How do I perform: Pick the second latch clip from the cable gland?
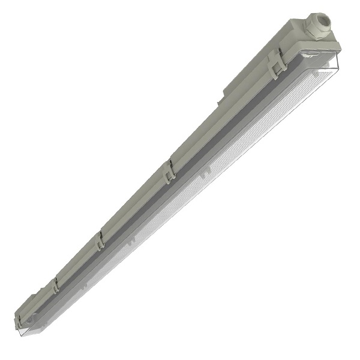(169, 170)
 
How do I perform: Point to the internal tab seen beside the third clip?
(129, 242)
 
